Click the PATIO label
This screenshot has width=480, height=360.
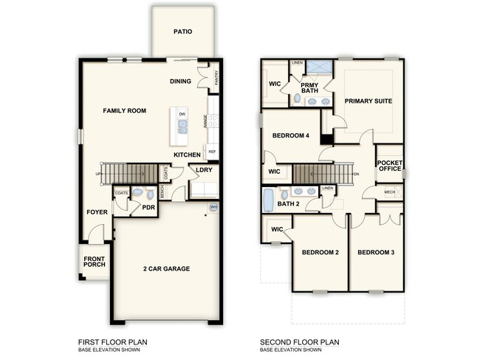coord(183,32)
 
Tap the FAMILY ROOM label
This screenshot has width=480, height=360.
coord(124,111)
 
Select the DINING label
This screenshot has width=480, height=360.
coord(181,81)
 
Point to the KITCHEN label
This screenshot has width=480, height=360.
coord(188,154)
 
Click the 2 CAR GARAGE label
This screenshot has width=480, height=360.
coord(166,268)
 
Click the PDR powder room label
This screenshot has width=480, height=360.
coord(148,208)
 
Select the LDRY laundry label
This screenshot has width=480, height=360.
coord(205,170)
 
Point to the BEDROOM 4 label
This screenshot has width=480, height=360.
coord(290,135)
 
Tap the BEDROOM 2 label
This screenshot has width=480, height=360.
coord(320,253)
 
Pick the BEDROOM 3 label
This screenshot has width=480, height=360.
coord(376,253)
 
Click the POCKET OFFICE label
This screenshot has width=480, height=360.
coord(389,165)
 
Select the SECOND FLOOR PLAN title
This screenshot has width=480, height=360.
coord(300,343)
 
